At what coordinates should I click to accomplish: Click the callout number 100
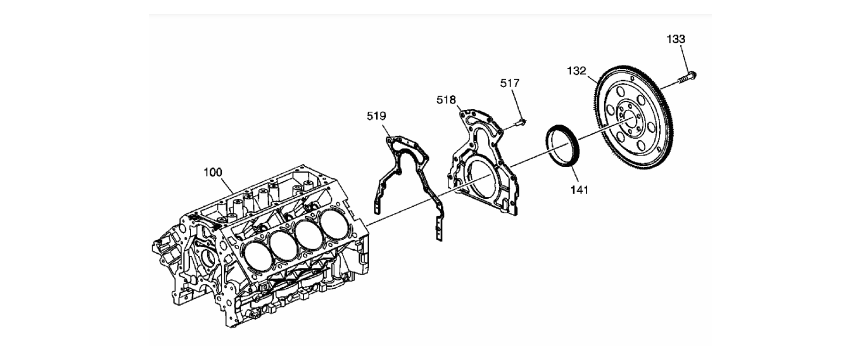coord(212,172)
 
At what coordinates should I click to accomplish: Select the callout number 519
coord(377,116)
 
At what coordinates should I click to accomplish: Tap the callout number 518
coord(446,99)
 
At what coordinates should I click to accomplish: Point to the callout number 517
coord(510,83)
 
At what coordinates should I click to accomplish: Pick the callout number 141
coord(579,190)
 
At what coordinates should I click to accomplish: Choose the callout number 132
coord(577,70)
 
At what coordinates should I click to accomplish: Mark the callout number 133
coord(676,39)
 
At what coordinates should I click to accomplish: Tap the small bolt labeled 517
coord(519,123)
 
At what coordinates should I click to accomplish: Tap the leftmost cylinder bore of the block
coord(257,256)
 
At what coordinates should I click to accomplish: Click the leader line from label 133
coord(683,58)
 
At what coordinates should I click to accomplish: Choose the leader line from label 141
coord(573,176)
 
